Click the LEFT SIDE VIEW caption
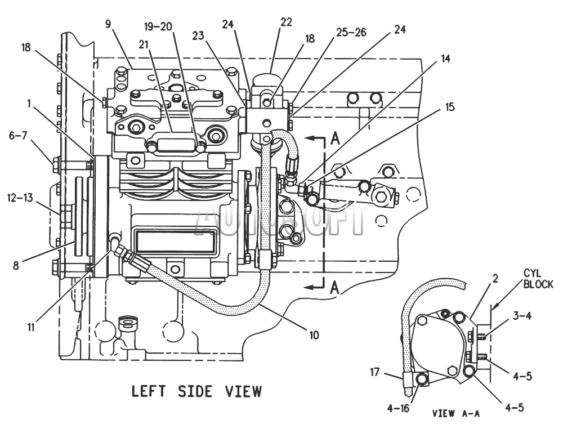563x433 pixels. [x=196, y=391]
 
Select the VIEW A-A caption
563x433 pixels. [x=455, y=413]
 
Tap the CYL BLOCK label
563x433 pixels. [x=538, y=279]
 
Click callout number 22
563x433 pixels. [x=286, y=23]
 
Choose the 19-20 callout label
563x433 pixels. [x=159, y=26]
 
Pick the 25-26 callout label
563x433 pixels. [x=351, y=32]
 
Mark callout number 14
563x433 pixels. [x=445, y=59]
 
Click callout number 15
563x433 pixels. [x=449, y=107]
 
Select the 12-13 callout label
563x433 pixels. [x=20, y=198]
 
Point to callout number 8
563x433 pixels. [x=16, y=266]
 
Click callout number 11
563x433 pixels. [x=31, y=328]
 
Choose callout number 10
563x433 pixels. [x=314, y=336]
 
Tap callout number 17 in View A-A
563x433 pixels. [x=374, y=372]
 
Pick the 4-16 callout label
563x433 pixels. [x=399, y=408]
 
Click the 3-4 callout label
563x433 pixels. [x=522, y=316]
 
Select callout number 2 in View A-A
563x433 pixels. [x=495, y=279]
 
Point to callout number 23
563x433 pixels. [x=198, y=35]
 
